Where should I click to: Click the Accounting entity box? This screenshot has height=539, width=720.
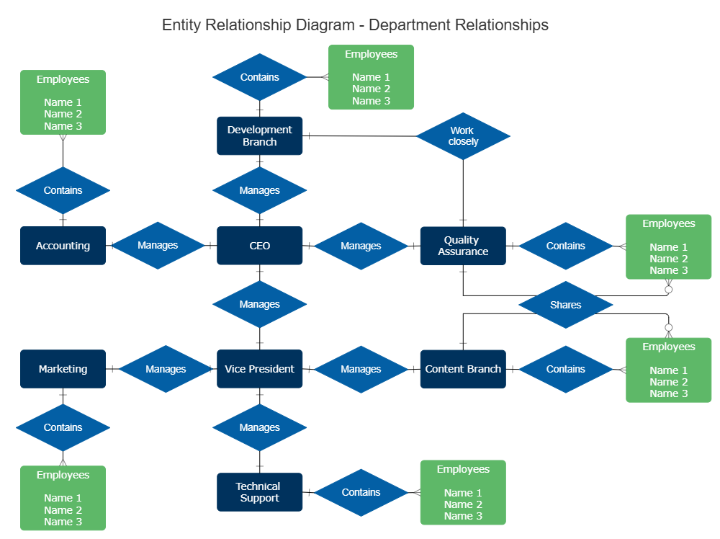point(63,246)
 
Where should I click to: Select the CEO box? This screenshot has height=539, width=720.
point(259,246)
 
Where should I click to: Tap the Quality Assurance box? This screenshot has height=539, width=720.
point(463,246)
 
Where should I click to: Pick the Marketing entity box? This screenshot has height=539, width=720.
point(63,369)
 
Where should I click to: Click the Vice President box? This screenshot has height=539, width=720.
point(259,369)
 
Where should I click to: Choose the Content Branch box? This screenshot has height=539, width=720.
point(463,369)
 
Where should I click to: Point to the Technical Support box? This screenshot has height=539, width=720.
point(259,492)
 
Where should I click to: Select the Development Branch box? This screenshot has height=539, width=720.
point(259,135)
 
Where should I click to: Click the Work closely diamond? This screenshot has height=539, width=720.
point(463,135)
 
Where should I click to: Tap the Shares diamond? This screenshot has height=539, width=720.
point(565,305)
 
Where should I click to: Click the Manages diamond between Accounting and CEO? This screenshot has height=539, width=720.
point(157,246)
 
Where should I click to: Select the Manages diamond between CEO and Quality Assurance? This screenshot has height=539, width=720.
point(361,246)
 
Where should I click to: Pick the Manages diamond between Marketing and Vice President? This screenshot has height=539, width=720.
point(166,369)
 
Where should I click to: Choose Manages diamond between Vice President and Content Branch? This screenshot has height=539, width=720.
point(361,369)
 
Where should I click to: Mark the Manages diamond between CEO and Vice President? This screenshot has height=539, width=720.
point(259,305)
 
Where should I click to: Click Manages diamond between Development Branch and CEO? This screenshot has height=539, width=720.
point(259,190)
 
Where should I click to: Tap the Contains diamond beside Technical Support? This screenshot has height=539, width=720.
point(361,492)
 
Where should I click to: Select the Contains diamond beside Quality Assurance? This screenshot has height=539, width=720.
point(565,246)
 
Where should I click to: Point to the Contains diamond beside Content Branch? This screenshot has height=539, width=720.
point(565,369)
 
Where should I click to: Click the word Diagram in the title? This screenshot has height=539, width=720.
point(323,25)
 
